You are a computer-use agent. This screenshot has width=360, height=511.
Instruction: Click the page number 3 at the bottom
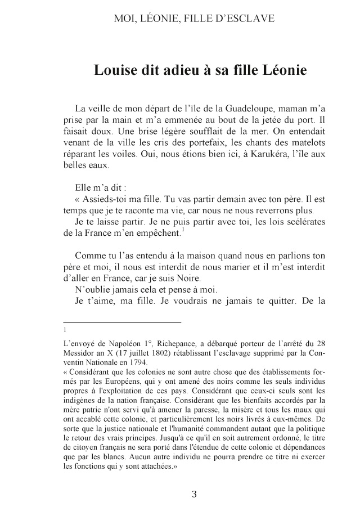195,495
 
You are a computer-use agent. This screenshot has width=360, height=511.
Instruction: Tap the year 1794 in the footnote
137,362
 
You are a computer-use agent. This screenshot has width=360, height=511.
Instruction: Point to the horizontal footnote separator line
122,322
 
